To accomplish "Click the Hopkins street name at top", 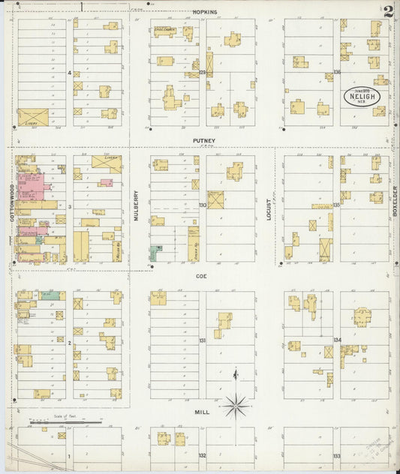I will pos(203,12).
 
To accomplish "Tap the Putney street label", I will pos(203,140).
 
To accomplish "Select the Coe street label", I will pos(201,275).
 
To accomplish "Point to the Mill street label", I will pos(203,412).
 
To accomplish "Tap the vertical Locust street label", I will pos(268,208).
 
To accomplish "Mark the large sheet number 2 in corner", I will pos(388,11).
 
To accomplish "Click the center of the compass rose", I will pos(236,406).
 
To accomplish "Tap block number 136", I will pos(337,72).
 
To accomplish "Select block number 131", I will pos(202,340).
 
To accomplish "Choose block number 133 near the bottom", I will pos(337,455).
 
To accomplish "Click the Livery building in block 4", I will pos(32,117).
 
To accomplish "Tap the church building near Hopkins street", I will pos(164,31).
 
